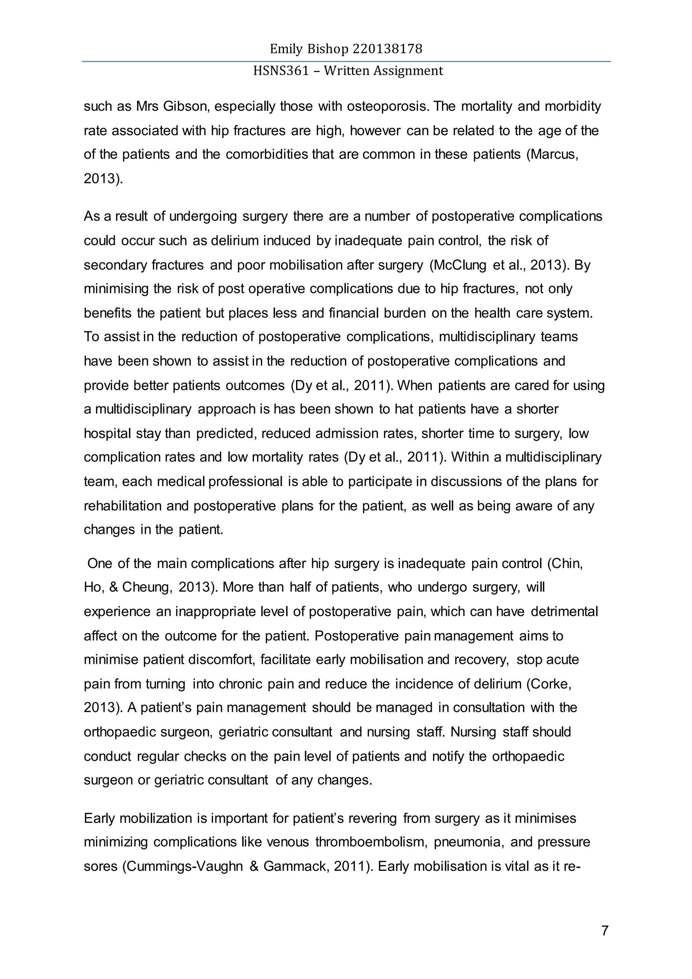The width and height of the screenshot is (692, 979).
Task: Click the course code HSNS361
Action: click(x=281, y=71)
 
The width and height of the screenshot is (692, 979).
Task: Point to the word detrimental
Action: click(x=564, y=612)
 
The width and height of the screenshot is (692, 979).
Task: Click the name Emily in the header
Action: click(x=285, y=49)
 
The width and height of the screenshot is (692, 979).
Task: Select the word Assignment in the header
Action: click(x=408, y=71)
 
